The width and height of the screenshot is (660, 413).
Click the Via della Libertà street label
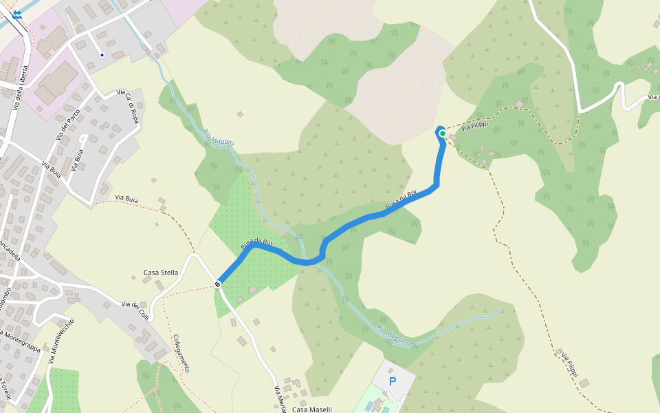[21, 87]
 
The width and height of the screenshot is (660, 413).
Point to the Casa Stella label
[160, 273]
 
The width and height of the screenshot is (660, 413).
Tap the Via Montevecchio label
[62, 341]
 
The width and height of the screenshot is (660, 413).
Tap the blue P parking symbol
[393, 381]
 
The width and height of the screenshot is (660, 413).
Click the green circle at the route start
[443, 134]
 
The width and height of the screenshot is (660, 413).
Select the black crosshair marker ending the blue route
[217, 284]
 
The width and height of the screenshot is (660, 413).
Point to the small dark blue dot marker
[102, 54]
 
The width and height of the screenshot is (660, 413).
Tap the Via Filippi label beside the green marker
[474, 127]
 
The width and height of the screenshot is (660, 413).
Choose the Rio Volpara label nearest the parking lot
[393, 335]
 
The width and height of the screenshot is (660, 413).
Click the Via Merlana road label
[280, 399]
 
